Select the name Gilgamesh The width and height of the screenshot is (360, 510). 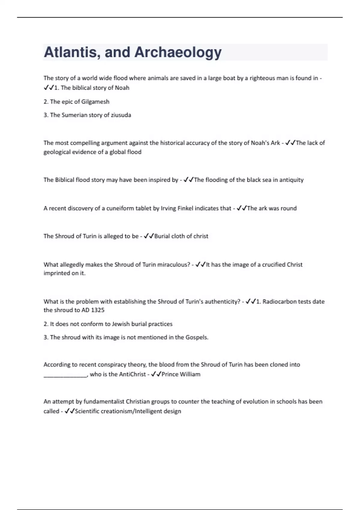click(95, 102)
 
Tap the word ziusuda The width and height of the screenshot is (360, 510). click(121, 115)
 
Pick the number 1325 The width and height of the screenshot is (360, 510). click(97, 310)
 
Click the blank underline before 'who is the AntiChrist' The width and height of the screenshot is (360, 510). click(65, 375)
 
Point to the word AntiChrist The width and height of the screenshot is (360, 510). click(132, 374)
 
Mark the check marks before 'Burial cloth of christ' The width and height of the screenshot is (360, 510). click(149, 236)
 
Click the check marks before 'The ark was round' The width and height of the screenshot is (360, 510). click(241, 208)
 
